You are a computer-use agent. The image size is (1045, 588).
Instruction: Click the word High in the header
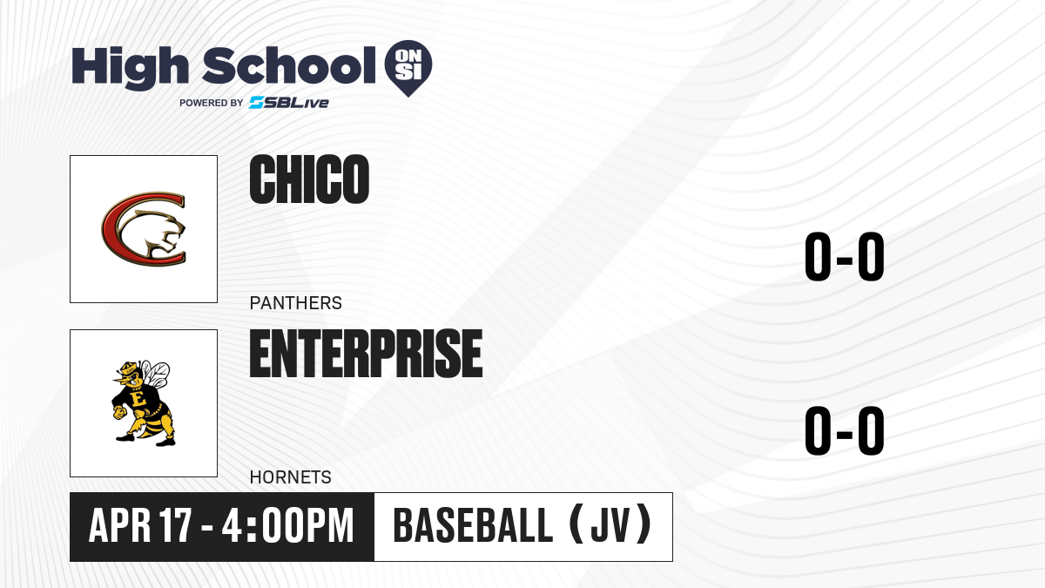click(130, 67)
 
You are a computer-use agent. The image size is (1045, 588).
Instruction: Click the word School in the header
click(289, 65)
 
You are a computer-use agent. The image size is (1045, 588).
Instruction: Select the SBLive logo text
click(289, 103)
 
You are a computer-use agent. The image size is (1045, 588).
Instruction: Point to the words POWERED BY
click(212, 103)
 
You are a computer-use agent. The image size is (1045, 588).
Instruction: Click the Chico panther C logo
click(144, 228)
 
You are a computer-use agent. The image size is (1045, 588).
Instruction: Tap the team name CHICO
click(309, 179)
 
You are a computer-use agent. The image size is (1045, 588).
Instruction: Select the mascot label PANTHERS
click(296, 303)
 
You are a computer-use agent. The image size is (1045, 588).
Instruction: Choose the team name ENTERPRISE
click(367, 354)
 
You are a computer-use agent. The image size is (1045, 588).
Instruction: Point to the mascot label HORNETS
click(291, 477)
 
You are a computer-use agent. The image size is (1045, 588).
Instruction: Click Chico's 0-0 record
click(845, 256)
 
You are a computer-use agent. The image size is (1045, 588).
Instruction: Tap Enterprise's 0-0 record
click(845, 430)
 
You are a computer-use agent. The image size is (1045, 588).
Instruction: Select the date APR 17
click(140, 525)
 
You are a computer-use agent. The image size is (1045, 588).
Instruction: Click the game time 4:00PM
click(288, 525)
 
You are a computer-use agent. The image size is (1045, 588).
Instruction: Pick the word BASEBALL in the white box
click(473, 525)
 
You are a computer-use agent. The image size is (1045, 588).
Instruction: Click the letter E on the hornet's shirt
click(138, 400)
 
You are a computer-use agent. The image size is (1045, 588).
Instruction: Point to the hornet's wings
click(155, 374)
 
